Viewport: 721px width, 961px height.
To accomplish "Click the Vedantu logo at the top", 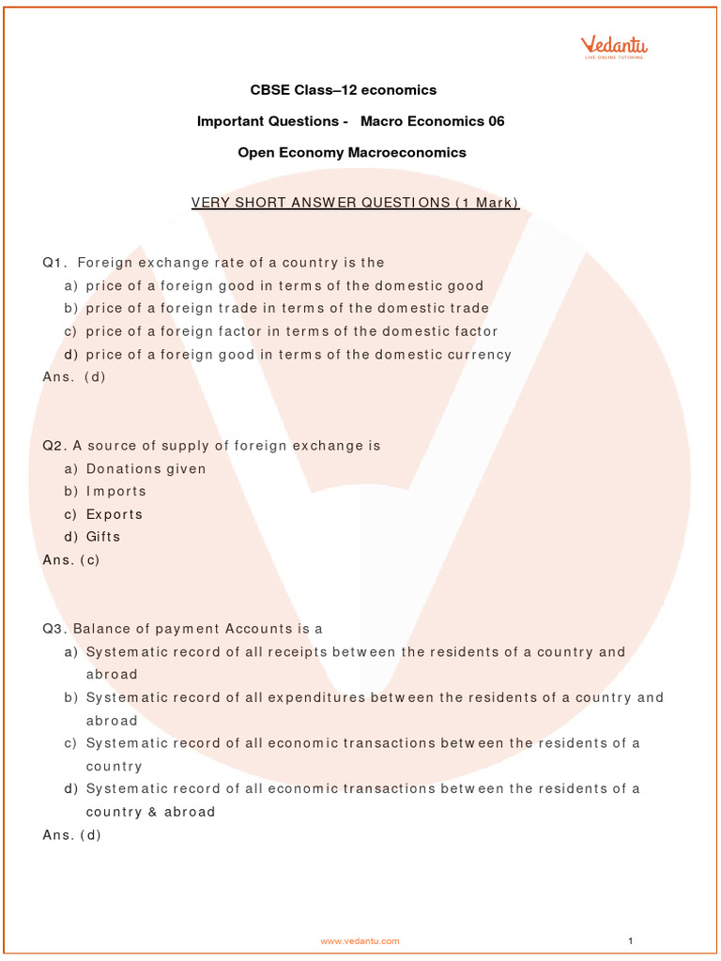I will tap(614, 46).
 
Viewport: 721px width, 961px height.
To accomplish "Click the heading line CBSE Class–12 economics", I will tap(344, 90).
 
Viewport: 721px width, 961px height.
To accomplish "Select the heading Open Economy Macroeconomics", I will tap(352, 152).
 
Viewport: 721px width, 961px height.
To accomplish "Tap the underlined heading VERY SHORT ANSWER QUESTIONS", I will tap(355, 203).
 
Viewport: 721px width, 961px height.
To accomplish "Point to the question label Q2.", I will tap(55, 446).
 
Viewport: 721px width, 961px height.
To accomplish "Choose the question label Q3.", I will tap(55, 629).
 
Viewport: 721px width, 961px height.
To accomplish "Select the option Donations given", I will tap(146, 468).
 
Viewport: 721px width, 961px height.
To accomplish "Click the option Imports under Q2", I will tap(115, 491).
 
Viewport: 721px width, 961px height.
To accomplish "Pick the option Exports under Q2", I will tap(115, 514).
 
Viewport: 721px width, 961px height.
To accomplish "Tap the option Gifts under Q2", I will tap(103, 537).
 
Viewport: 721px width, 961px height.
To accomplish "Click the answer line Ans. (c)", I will tap(71, 560).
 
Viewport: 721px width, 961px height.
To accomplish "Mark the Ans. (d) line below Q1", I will tap(74, 377).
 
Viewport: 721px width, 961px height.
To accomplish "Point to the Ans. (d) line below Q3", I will tap(71, 834).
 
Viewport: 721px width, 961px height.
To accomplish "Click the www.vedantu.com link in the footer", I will tap(360, 940).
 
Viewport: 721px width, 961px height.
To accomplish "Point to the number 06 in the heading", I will tap(495, 121).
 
